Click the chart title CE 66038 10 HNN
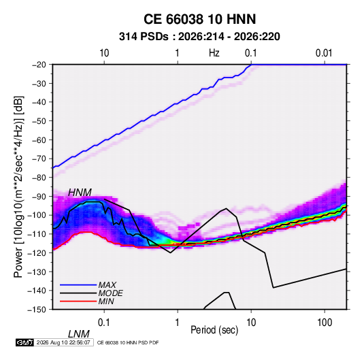point(199,19)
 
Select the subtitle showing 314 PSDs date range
point(199,37)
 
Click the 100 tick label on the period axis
point(325,323)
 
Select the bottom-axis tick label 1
point(178,323)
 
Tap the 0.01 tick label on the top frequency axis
point(324,53)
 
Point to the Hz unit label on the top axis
point(214,53)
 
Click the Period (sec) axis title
point(214,330)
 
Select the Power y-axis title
point(18,186)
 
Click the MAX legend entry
point(107,285)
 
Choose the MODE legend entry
point(110,293)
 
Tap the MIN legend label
point(106,301)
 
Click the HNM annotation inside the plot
point(80,193)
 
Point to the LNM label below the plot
point(79,334)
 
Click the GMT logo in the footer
point(24,342)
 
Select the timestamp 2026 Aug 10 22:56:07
point(63,342)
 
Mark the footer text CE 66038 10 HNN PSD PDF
point(128,342)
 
